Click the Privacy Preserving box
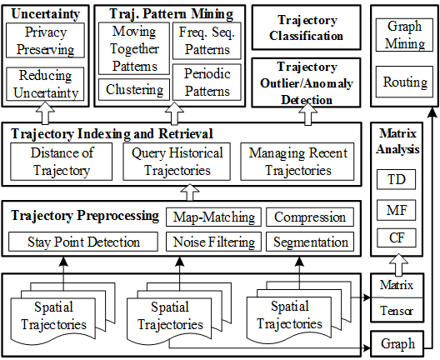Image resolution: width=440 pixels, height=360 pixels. point(45,40)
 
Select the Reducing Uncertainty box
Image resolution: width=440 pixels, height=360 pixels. point(45,84)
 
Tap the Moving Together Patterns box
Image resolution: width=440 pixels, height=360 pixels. point(134,48)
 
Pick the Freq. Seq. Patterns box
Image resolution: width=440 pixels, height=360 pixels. point(207,41)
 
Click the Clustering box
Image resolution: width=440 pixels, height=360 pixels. point(134,89)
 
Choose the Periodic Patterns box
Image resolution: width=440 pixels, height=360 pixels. point(207,82)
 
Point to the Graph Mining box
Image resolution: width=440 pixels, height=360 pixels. point(404,35)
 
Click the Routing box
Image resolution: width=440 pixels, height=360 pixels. point(404,82)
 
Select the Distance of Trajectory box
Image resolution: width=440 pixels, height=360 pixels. point(62,162)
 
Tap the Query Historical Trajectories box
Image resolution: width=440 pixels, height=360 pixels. point(177,162)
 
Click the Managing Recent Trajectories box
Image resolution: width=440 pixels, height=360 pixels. point(297,162)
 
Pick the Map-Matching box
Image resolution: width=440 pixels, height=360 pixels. point(214,217)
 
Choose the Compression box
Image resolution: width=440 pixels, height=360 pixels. point(310,217)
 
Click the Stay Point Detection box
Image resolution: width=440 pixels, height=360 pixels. point(83,242)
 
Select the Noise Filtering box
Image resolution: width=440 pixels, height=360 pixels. point(214,242)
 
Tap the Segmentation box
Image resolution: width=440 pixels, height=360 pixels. point(310,242)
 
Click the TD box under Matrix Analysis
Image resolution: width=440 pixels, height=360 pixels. point(396,179)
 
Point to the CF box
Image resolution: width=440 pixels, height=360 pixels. point(396,237)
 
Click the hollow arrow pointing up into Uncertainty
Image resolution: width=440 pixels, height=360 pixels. point(45,113)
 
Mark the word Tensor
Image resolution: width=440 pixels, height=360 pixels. point(396,311)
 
